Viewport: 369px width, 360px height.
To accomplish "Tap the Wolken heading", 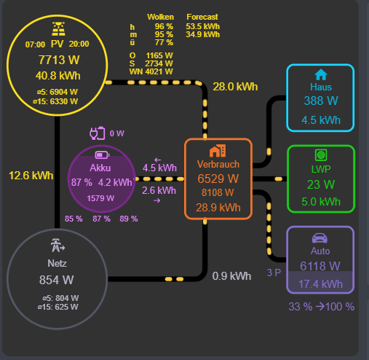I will [x=160, y=16].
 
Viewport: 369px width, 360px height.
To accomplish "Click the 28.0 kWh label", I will [x=235, y=87].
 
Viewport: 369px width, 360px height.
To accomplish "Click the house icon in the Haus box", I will [x=320, y=74].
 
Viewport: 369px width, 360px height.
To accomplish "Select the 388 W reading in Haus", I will [x=320, y=101].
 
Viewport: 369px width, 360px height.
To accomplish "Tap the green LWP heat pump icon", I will [x=320, y=155].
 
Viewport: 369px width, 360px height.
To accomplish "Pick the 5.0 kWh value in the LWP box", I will [x=320, y=202].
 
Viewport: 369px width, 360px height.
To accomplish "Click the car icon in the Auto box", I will [x=320, y=238].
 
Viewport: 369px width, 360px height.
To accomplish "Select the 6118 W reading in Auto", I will [x=320, y=266].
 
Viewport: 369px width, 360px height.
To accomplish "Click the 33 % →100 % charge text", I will [x=321, y=307].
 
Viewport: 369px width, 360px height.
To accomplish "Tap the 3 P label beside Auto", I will [x=274, y=273].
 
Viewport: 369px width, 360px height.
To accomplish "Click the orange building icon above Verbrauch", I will [x=218, y=151].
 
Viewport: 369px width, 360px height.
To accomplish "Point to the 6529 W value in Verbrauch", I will [x=218, y=179].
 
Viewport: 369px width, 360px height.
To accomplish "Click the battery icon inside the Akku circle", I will [x=101, y=154].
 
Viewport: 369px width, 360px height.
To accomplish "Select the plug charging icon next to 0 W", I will [x=97, y=133].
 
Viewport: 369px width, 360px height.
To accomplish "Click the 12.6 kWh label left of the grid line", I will [x=31, y=175].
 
